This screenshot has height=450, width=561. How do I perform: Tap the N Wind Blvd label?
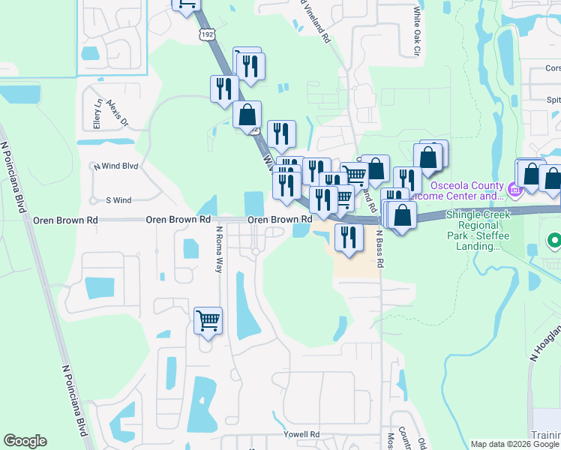[x=115, y=166]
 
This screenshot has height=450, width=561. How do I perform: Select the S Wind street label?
[x=118, y=200]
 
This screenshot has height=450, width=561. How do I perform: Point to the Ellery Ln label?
[x=97, y=114]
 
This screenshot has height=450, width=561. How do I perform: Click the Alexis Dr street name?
[x=118, y=112]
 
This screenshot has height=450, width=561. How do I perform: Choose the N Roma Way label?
[x=219, y=250]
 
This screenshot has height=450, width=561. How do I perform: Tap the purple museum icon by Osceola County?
[x=515, y=188]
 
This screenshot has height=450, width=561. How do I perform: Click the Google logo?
[x=25, y=441]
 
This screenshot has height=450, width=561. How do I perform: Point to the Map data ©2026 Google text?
[x=514, y=444]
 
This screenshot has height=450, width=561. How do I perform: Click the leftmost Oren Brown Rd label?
[x=66, y=220]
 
